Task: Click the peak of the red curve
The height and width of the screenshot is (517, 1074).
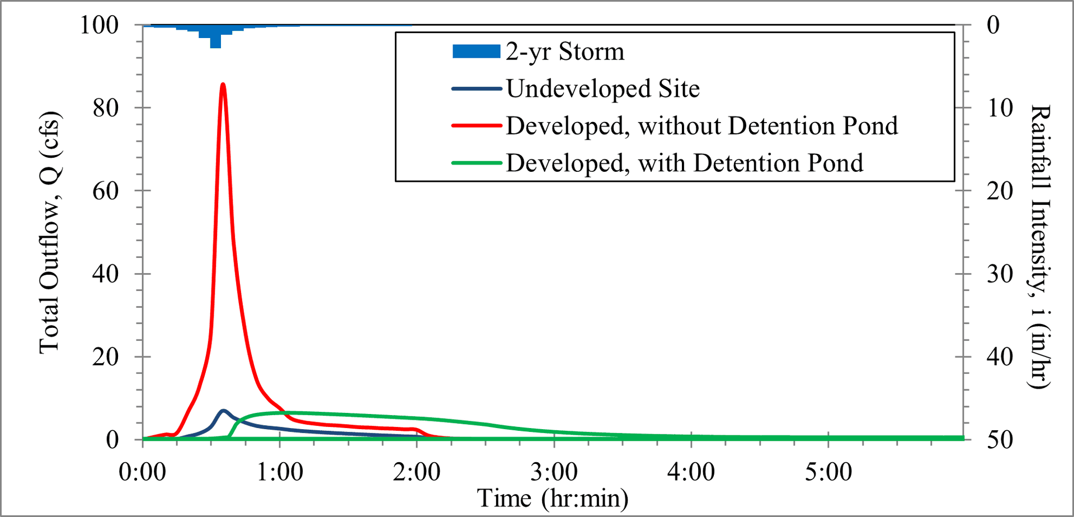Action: coord(223,84)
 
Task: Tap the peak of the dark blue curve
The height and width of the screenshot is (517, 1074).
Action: coord(224,411)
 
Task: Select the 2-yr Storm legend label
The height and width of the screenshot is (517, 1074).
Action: coord(565,51)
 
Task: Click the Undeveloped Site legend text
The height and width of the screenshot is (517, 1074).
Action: coord(602,89)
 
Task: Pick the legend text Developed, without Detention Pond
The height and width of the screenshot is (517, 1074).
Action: coord(701,126)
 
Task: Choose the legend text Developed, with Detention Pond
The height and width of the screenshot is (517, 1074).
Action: coord(684,163)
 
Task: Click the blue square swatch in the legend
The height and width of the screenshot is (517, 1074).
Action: coord(476,51)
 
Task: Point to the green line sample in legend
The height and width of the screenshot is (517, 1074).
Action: coord(476,163)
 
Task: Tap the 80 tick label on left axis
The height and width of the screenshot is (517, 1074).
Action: coord(106,108)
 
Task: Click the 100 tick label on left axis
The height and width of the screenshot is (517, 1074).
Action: coord(99,25)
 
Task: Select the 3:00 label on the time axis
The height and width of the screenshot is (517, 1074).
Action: coord(554,472)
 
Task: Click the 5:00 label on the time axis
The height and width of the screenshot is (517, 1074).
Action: coord(828,472)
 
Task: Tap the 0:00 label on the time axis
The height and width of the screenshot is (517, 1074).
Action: coord(143,472)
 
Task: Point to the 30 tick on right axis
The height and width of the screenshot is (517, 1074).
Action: coord(1000,274)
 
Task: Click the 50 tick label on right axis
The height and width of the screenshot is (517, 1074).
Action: coord(1000,440)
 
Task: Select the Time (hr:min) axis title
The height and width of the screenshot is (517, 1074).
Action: coord(553,498)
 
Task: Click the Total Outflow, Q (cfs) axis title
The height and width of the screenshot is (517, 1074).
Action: coord(49,233)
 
